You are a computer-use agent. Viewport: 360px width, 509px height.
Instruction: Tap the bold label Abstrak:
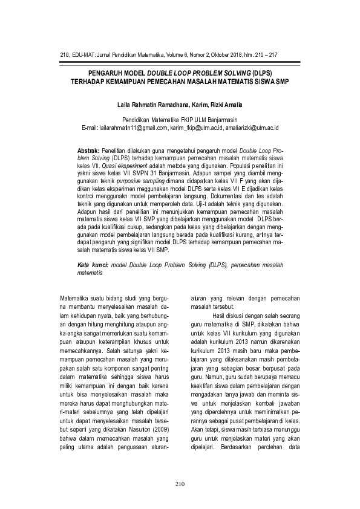(90, 149)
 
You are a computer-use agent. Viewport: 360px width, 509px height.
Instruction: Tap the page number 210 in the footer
(180, 484)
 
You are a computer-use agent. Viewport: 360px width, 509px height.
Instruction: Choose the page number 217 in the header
(272, 54)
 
